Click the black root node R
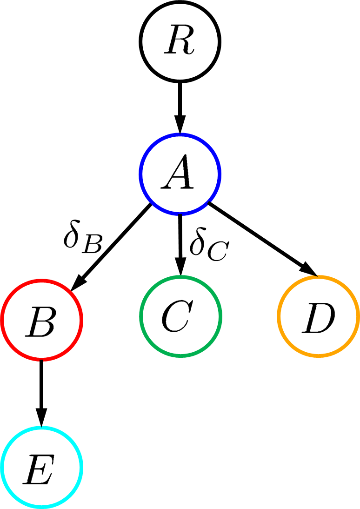(180, 41)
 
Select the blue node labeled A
(180, 174)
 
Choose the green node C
(180, 317)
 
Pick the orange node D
(319, 317)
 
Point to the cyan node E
(42, 467)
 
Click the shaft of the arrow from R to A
(180, 100)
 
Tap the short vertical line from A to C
(180, 237)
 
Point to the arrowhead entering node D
(311, 270)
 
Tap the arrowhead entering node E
(42, 416)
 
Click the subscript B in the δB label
(91, 245)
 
